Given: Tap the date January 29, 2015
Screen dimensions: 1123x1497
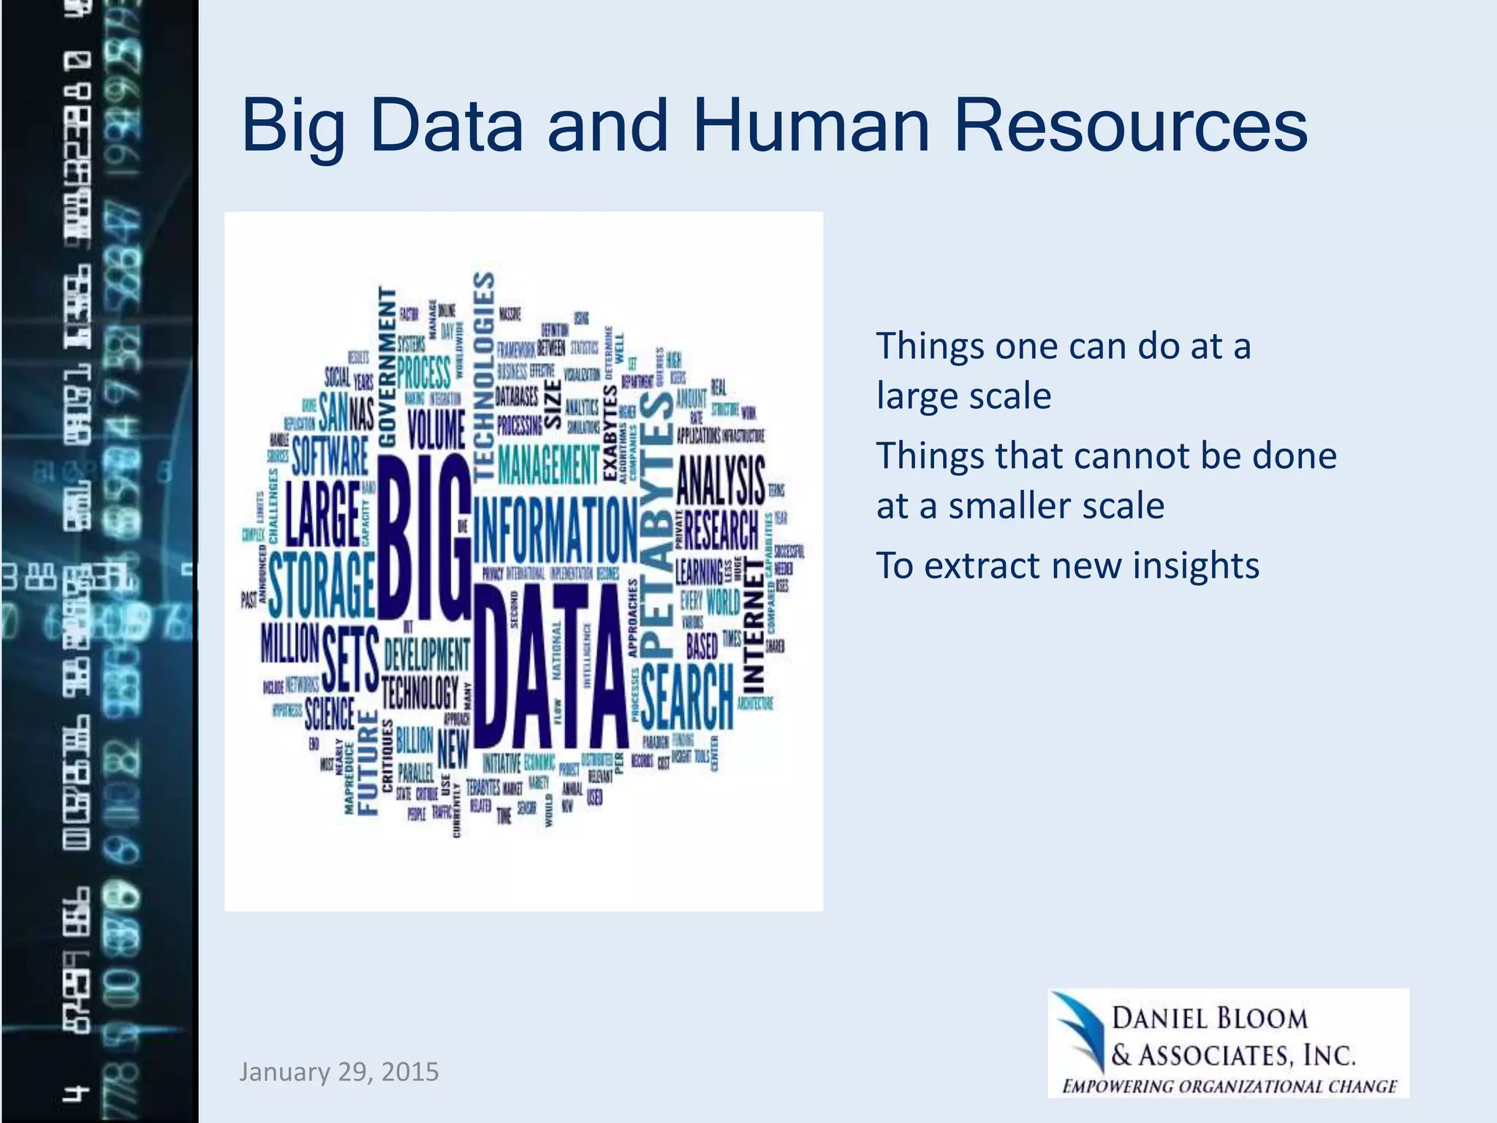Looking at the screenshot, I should coord(339,1072).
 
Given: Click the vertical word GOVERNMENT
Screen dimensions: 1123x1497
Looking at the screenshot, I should coord(387,366).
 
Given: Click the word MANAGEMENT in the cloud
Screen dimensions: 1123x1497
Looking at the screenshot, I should coord(548,464).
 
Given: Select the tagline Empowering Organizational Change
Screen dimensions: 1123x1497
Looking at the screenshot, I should coord(1229,1086).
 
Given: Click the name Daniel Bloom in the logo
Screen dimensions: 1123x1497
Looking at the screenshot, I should coord(1210,1018).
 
